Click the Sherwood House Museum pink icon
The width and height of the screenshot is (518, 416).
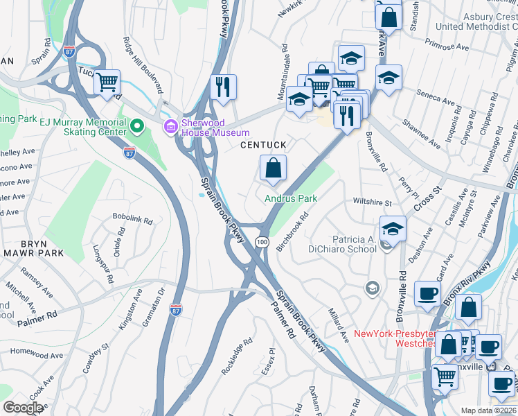pyautogui.click(x=170, y=126)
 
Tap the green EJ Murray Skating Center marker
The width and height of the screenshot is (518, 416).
pyautogui.click(x=137, y=126)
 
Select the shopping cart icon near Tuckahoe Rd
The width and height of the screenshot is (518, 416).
pyautogui.click(x=107, y=83)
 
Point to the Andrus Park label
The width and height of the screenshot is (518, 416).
pyautogui.click(x=291, y=198)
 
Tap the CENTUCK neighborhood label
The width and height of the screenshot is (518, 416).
pyautogui.click(x=263, y=145)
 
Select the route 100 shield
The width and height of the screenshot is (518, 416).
pyautogui.click(x=261, y=241)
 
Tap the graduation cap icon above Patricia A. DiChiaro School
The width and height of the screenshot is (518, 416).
pyautogui.click(x=393, y=229)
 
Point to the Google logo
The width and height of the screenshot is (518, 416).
pyautogui.click(x=23, y=408)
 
